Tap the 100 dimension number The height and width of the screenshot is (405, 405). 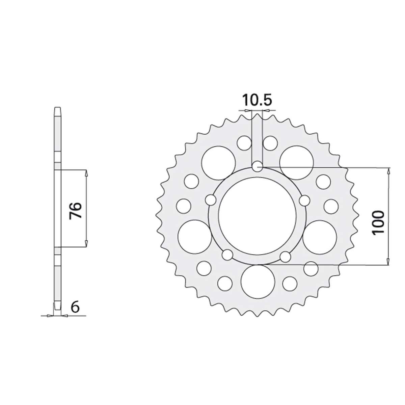[x=378, y=222]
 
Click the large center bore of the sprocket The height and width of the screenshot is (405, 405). [x=257, y=216]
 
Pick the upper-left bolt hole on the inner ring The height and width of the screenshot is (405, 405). [x=211, y=200]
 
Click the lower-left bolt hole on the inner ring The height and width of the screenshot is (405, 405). [x=227, y=255]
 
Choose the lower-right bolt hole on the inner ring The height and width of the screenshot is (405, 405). [x=286, y=256]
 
